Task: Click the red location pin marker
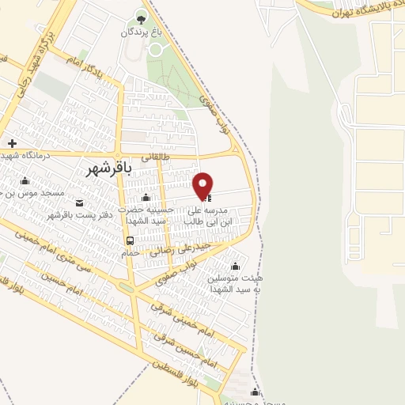(203, 185)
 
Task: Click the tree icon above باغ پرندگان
(141, 18)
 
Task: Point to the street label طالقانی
(155, 157)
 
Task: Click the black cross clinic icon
(12, 143)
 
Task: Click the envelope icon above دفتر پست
(76, 202)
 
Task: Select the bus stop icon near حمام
(129, 240)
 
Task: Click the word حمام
(129, 252)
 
